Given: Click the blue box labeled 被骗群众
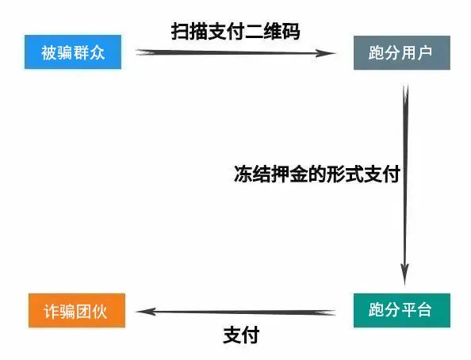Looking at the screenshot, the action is click(x=73, y=52).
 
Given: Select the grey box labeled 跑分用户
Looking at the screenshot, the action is click(x=401, y=53).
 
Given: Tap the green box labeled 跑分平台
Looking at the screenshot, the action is click(x=401, y=310).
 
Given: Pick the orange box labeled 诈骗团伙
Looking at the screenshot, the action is click(x=77, y=310).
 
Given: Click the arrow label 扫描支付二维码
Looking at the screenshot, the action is click(x=235, y=31).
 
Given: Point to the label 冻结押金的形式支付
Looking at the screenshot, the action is click(x=317, y=174).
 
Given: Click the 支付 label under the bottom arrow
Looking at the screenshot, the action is click(x=241, y=335).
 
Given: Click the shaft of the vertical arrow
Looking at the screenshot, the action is click(x=405, y=185).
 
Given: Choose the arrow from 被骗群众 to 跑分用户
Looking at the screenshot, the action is click(x=235, y=53).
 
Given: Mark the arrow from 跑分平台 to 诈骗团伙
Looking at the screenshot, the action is click(x=235, y=312).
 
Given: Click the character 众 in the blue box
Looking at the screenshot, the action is click(x=97, y=52).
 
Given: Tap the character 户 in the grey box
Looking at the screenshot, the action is click(x=424, y=52).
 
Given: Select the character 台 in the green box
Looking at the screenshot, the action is click(x=424, y=309).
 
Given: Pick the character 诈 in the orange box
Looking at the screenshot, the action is click(x=52, y=311).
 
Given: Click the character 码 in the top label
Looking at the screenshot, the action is click(x=291, y=31).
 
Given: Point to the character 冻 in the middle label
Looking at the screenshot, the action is click(x=243, y=174).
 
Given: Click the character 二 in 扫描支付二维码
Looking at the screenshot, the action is click(x=254, y=31).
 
